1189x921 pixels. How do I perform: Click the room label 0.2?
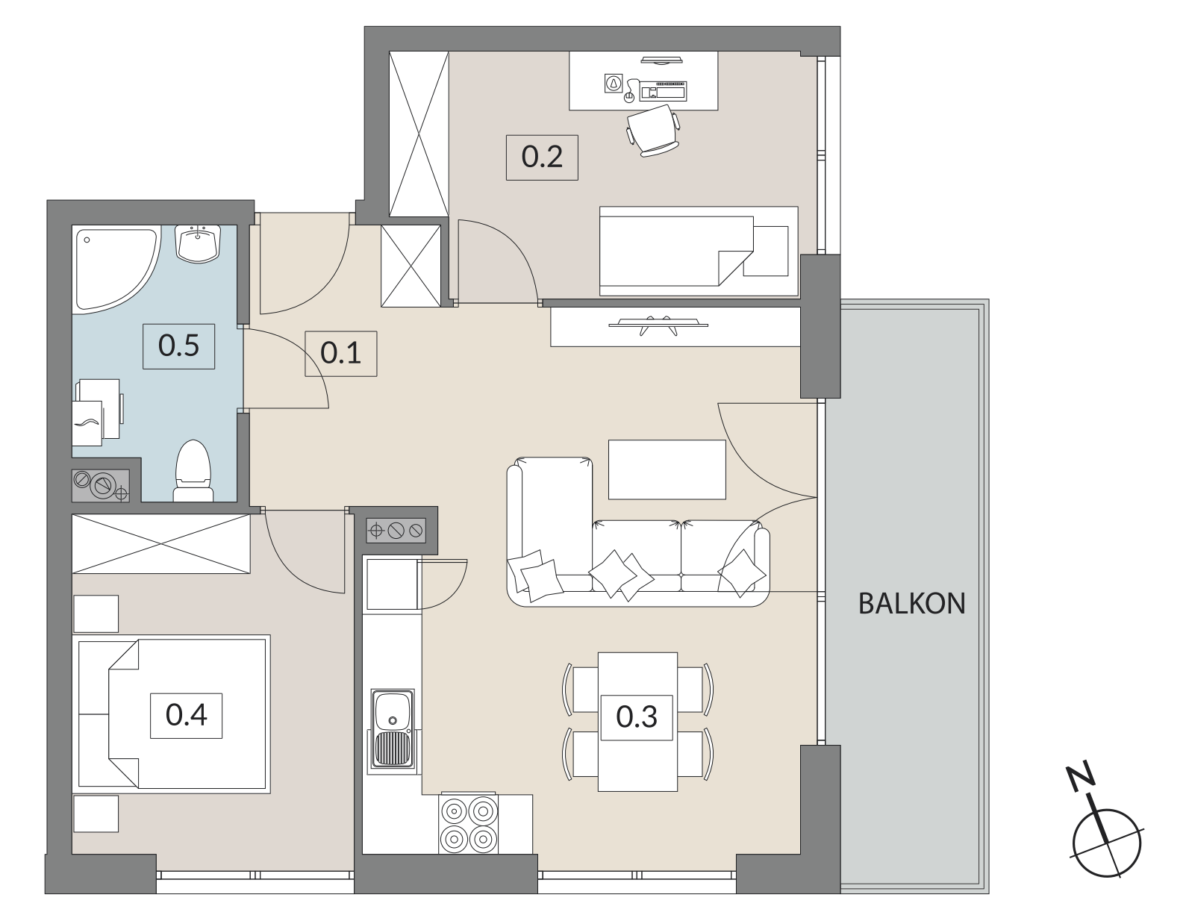(542, 157)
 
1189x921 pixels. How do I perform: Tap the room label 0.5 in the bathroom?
(178, 346)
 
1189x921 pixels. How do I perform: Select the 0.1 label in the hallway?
(340, 353)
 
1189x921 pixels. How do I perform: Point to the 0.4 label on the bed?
(186, 715)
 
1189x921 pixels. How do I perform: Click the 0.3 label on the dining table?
(637, 717)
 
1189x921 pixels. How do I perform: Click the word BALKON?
(911, 604)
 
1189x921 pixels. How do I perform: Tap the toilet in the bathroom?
(193, 471)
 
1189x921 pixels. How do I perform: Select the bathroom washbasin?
(198, 243)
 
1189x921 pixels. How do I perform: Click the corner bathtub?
(116, 269)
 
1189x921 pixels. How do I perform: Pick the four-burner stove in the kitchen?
(469, 824)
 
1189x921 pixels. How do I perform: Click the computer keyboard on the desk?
(664, 90)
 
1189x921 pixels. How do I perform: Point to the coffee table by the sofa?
(667, 469)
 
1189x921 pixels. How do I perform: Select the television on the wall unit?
(658, 325)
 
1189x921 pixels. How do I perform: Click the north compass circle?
(1107, 844)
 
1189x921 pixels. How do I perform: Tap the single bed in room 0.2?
(699, 252)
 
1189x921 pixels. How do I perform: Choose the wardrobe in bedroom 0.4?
(161, 543)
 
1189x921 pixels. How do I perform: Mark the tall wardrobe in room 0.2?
(419, 134)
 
